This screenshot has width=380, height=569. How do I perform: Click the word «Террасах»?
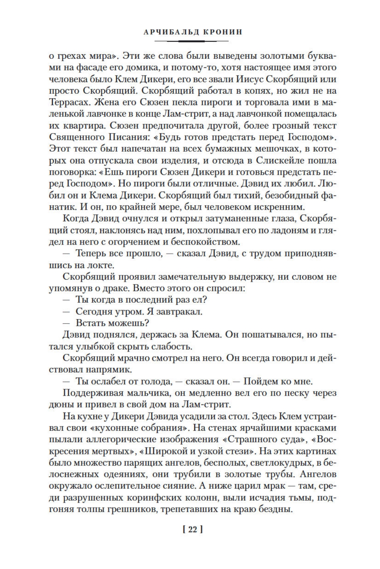click(x=66, y=103)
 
